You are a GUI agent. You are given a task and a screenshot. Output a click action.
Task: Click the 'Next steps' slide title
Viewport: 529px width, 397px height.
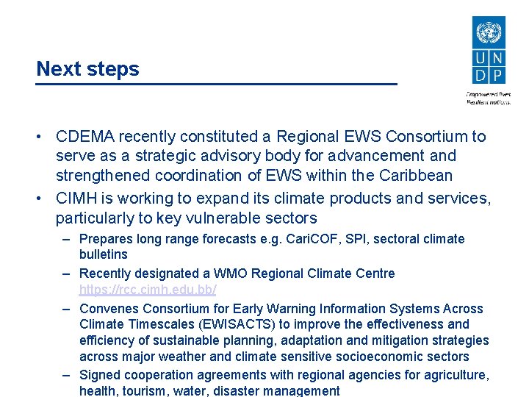87,69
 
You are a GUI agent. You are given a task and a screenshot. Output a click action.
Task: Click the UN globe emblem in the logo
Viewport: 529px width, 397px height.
487,34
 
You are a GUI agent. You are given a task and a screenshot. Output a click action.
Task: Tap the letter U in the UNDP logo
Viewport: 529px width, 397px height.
480,58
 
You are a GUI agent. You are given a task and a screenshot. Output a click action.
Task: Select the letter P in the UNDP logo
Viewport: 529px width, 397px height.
497,75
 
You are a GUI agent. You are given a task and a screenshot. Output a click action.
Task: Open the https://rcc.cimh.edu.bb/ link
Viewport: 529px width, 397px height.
148,290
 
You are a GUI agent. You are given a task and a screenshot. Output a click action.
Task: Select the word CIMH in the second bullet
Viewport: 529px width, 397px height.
76,198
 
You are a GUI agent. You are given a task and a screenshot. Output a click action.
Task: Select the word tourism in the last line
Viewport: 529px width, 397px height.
145,391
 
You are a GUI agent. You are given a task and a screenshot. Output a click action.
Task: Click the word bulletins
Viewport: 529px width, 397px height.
103,254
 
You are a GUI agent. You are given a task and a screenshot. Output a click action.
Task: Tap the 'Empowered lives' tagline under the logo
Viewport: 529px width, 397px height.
488,94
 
